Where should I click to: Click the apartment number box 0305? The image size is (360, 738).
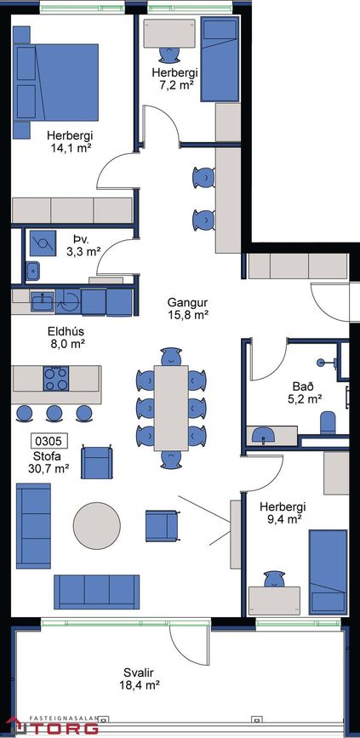point(49,441)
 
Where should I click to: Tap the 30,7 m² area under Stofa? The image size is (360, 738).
point(49,468)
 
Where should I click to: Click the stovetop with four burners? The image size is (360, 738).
point(56,379)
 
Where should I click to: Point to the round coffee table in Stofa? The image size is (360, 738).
point(96,525)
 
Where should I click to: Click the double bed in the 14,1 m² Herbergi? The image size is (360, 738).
point(56,83)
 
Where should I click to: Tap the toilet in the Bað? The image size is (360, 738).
point(328,423)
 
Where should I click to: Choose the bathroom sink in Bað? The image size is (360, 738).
point(263,435)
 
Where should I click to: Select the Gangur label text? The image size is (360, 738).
point(188,302)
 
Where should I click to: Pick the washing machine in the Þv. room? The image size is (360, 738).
point(43,243)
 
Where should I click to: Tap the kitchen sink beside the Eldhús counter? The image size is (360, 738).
point(43,301)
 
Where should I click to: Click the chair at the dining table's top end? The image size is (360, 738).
point(171,357)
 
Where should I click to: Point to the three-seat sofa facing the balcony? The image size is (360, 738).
point(96,592)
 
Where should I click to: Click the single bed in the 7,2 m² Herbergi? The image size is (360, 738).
point(220,59)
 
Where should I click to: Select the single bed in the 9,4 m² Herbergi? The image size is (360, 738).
point(328,572)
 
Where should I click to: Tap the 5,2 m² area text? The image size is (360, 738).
point(307,399)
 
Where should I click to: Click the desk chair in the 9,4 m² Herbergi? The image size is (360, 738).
point(274,580)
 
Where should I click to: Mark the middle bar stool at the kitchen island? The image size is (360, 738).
point(54,413)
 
